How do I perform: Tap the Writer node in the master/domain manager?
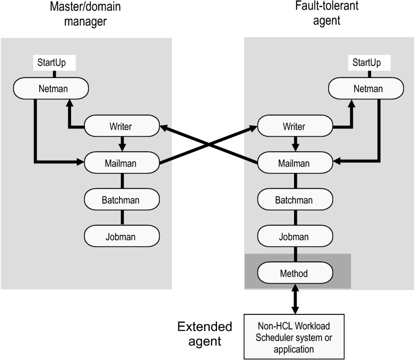pos(122,127)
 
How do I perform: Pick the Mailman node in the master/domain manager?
pos(122,163)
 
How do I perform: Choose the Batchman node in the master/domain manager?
pos(122,200)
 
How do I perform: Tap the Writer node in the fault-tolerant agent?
pos(295,127)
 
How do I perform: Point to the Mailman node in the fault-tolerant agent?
pos(295,163)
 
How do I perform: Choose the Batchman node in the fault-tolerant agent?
pos(295,200)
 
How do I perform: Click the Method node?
pos(295,273)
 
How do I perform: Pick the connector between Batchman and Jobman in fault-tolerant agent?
pos(295,218)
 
